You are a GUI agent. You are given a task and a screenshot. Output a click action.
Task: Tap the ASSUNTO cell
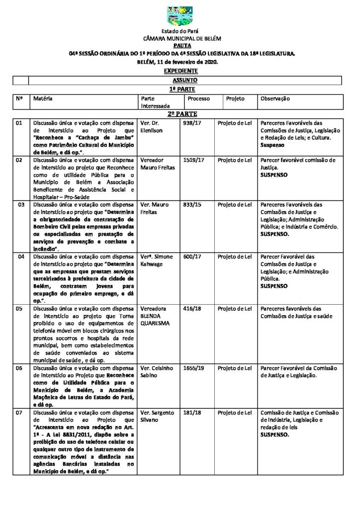click(x=185, y=80)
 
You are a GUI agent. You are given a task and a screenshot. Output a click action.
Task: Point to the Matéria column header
click(x=43, y=99)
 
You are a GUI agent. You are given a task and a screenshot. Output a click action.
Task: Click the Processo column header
click(x=198, y=99)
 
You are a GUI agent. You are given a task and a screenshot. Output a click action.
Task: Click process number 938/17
click(x=191, y=123)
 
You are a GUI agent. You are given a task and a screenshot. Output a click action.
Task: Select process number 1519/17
click(x=192, y=160)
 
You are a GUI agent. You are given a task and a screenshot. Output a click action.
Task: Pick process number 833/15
click(x=191, y=205)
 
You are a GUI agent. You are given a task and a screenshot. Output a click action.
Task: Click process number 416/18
click(x=191, y=309)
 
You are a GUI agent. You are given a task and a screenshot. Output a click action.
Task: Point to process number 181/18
click(x=191, y=413)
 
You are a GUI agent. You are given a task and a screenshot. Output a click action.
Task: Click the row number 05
click(x=19, y=309)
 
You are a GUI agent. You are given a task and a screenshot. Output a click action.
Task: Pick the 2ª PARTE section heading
click(x=180, y=114)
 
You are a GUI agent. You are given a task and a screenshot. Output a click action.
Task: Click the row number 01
click(x=19, y=123)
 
